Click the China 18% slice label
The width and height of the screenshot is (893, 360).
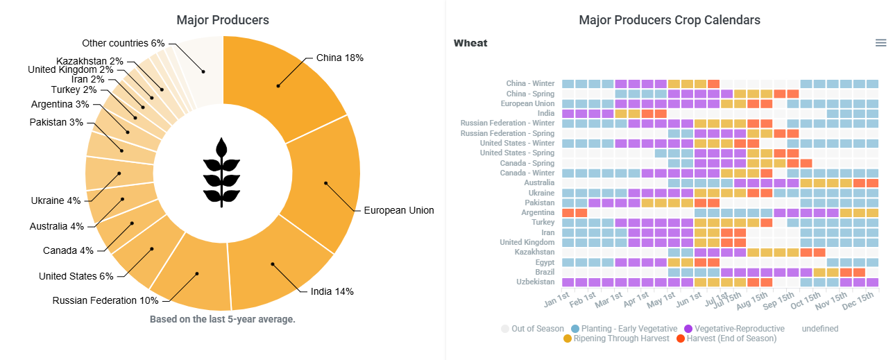point(339,58)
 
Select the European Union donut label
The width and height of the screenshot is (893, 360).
point(398,210)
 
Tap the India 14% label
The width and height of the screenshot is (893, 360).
point(332,291)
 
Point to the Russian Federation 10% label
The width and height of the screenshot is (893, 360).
point(105,300)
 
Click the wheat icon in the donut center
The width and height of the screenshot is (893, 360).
point(222,172)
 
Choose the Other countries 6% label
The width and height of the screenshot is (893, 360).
point(124,43)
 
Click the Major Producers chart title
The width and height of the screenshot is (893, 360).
point(223,20)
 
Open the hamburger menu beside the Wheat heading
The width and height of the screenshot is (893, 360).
point(881,43)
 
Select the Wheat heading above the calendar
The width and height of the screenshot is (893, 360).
point(470,43)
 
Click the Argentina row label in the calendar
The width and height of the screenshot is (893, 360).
point(538,212)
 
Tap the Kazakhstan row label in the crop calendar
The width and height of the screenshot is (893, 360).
point(534,252)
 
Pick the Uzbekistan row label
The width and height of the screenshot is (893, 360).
point(535,282)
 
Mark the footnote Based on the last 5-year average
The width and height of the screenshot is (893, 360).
point(223,319)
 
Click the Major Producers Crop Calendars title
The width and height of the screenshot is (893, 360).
point(669,20)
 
